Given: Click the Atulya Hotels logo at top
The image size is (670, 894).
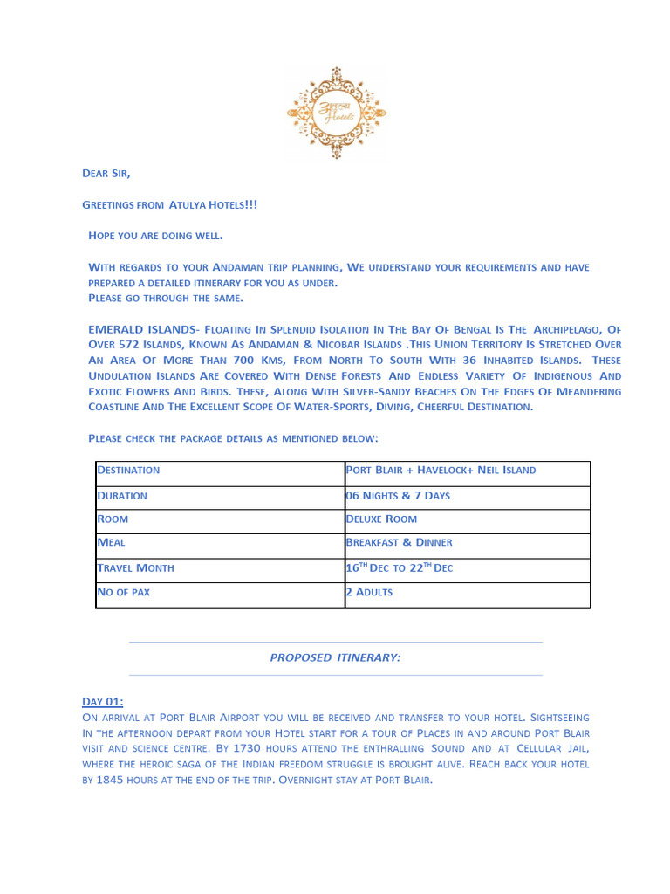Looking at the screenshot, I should pyautogui.click(x=336, y=113).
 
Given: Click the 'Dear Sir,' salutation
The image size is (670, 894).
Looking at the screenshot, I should pyautogui.click(x=106, y=174).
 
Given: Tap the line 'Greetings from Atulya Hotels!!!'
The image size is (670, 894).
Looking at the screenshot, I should pyautogui.click(x=169, y=205).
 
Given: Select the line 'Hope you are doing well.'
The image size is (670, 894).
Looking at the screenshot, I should pyautogui.click(x=155, y=236).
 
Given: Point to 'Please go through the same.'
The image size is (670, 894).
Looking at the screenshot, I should pyautogui.click(x=166, y=298).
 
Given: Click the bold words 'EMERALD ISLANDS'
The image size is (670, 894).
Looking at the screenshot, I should pyautogui.click(x=141, y=329).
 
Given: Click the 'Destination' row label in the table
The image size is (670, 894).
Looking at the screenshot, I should pyautogui.click(x=128, y=471).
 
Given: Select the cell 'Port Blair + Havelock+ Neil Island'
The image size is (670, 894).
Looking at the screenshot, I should pyautogui.click(x=441, y=471).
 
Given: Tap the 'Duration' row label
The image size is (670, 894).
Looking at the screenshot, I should pyautogui.click(x=122, y=496).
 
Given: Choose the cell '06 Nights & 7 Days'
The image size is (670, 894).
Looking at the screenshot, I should pyautogui.click(x=398, y=496).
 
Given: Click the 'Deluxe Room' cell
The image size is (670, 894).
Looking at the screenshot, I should pyautogui.click(x=381, y=519).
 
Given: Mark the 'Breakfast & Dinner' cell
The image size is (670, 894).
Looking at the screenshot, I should pyautogui.click(x=399, y=543).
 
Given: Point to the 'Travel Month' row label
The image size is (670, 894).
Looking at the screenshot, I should pyautogui.click(x=135, y=568).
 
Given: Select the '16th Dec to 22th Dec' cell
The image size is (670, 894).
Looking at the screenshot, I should pyautogui.click(x=399, y=568).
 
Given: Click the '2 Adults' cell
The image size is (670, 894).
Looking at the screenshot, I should pyautogui.click(x=369, y=593).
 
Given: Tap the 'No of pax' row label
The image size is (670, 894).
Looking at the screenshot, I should pyautogui.click(x=123, y=593).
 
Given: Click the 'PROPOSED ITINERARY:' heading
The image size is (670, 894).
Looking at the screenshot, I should pyautogui.click(x=335, y=658).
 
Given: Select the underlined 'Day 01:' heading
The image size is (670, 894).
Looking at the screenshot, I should pyautogui.click(x=103, y=702).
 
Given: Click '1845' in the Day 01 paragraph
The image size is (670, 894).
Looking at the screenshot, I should pyautogui.click(x=110, y=780).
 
